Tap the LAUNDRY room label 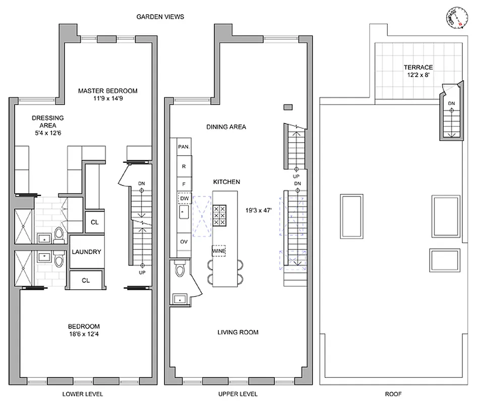tap(86, 252)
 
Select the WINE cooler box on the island tap(219, 250)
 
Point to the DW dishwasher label tap(185, 198)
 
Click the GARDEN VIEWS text tap(160, 17)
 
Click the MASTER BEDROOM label tap(107, 91)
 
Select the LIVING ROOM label tap(237, 332)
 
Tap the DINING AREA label tap(226, 127)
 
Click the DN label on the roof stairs tap(451, 104)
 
